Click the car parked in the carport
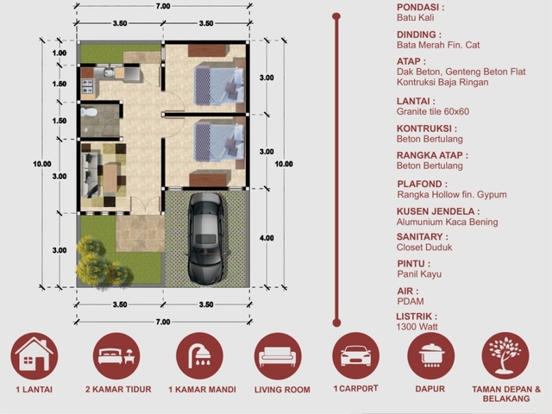point(205,238)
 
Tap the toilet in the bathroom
point(88,112)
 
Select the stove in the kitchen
point(88,86)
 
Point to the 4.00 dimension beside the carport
point(267,238)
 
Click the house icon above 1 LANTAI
point(34,355)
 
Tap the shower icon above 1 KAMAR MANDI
point(199,355)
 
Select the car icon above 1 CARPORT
point(355,355)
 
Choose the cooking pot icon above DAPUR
point(431,355)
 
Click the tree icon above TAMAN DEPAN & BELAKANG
point(505,355)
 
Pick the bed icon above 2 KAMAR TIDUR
point(116,355)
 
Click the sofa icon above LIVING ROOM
point(278,355)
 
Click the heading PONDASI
point(420,8)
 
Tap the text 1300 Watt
point(417,327)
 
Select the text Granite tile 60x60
point(433,111)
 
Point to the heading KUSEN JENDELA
point(438,211)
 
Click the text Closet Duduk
point(424,248)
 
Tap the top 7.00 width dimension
point(163,6)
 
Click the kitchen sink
point(108,72)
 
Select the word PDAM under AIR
point(411,301)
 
